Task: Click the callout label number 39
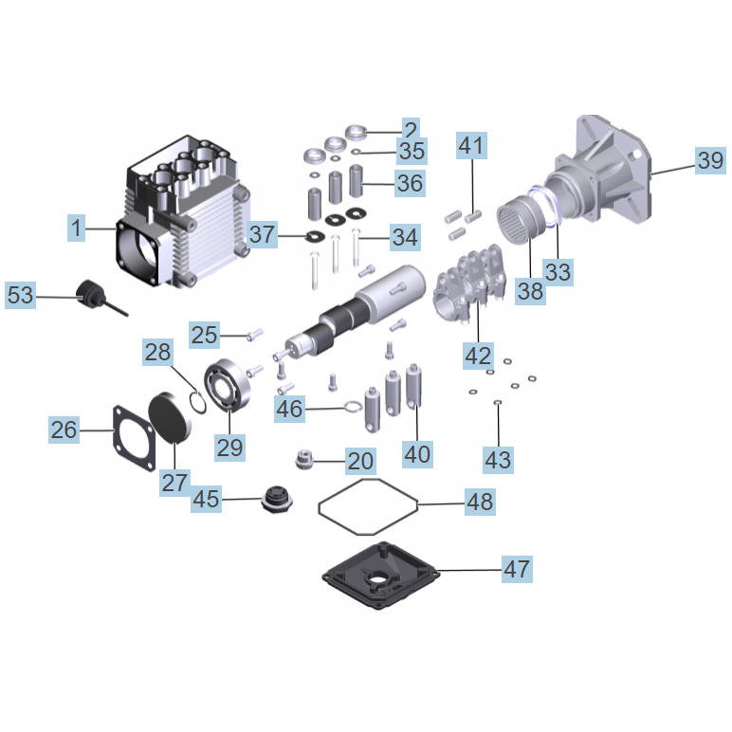[709, 160]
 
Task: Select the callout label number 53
[20, 296]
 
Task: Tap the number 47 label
[517, 569]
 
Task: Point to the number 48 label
[480, 502]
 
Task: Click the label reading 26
[64, 430]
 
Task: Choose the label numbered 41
[471, 146]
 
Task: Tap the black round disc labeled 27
[172, 417]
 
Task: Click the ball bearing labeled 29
[228, 386]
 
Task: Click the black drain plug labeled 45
[277, 497]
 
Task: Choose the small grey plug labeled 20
[303, 460]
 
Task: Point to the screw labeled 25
[253, 333]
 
